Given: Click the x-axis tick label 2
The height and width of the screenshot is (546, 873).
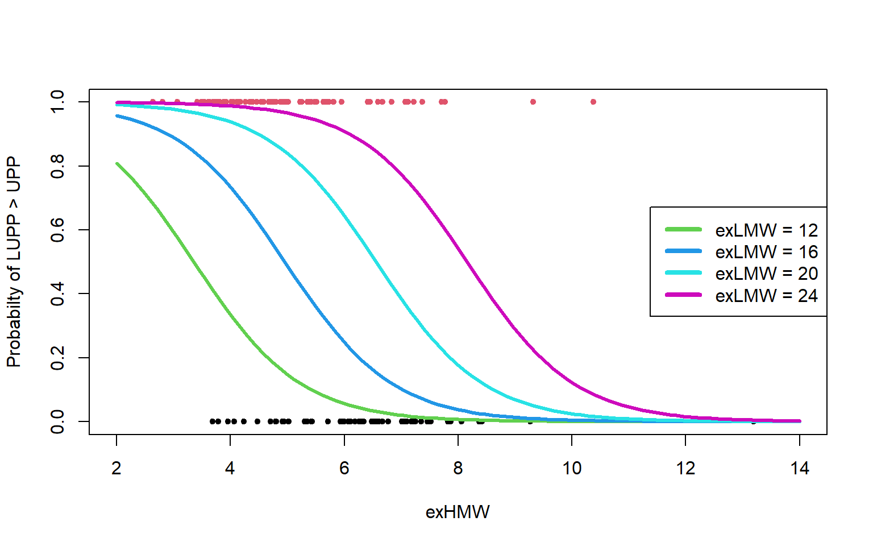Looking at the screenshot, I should [x=117, y=469].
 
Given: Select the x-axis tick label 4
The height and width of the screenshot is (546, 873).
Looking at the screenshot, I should [x=230, y=469].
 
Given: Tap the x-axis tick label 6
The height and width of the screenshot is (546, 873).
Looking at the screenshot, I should [x=344, y=469].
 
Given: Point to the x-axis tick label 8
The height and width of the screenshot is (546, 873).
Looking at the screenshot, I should [x=458, y=469].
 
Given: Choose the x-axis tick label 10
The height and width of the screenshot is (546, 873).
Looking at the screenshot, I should [x=572, y=469].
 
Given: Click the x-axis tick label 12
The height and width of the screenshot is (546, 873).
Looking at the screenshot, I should [x=685, y=469].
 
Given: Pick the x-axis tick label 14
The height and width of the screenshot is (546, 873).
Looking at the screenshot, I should [x=800, y=469].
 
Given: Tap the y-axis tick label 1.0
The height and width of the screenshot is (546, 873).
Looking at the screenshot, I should [x=58, y=102].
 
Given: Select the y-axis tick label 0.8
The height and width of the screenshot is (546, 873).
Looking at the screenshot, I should [x=58, y=166].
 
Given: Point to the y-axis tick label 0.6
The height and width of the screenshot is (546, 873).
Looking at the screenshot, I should [x=58, y=230].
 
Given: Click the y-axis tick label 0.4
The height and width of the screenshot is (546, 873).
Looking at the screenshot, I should [x=58, y=294].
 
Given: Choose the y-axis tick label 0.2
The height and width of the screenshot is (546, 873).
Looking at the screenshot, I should [x=58, y=358].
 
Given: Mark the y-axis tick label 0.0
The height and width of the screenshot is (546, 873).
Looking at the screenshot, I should [x=58, y=421].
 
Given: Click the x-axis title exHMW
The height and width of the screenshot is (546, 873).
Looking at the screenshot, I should [x=458, y=512].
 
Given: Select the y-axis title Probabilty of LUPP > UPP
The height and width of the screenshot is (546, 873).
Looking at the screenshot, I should [x=14, y=262].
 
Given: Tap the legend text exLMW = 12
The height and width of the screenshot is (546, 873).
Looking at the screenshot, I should [x=766, y=230].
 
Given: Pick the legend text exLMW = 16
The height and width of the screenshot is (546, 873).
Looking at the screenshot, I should [x=766, y=252].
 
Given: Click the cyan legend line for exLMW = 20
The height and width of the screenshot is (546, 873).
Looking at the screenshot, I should [x=684, y=273].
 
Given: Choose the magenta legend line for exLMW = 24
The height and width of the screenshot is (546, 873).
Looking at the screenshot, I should [x=684, y=295].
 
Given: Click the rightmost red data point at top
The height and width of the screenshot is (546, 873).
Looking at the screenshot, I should [x=593, y=102].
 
